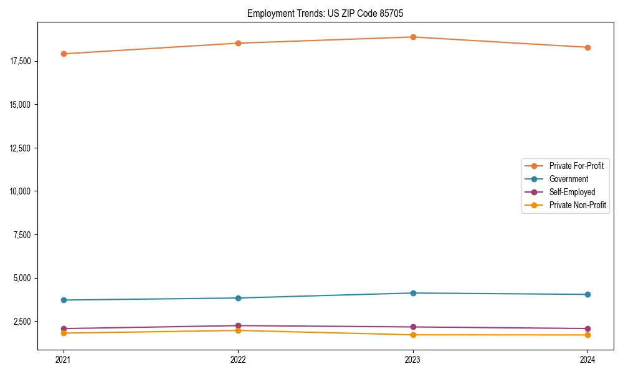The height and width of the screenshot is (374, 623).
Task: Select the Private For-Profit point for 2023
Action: pos(413,37)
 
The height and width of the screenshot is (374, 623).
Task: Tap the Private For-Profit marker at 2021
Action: pos(64,54)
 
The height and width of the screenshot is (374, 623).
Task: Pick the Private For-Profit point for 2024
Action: pos(587,47)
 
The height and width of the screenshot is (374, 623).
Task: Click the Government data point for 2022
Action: pos(238,298)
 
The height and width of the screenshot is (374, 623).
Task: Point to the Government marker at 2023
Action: pos(413,293)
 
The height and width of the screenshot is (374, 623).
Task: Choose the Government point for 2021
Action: pos(64,300)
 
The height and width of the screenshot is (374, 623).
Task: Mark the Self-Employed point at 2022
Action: pos(238,325)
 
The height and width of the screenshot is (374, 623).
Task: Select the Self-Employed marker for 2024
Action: pos(587,328)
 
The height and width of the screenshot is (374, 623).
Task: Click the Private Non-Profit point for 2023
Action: pos(413,335)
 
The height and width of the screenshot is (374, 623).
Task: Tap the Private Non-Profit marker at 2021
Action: pos(64,333)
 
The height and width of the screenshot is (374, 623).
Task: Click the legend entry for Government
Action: pos(568,179)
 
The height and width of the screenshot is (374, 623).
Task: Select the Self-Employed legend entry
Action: pos(572,192)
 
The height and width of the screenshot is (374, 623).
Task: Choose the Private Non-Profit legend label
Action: pos(578,205)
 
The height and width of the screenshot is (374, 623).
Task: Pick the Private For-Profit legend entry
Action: pos(576,166)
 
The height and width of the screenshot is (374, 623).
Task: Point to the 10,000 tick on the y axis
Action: pos(21,191)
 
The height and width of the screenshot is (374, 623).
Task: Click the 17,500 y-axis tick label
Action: pos(21,61)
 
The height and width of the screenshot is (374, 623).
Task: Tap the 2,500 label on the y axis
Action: pos(23,321)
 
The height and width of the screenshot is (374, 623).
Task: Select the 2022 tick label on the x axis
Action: pos(238,359)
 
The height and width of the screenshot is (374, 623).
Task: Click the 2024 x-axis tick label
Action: pos(587,359)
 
